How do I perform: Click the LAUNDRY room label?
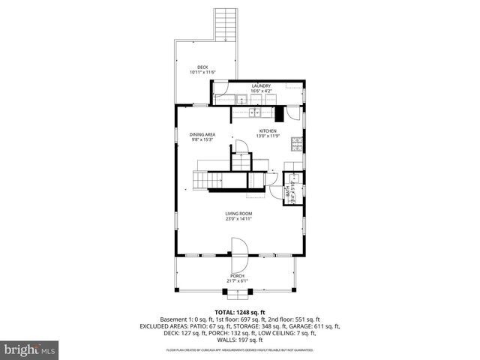[261, 86]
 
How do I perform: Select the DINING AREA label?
[202, 134]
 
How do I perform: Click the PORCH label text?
[237, 277]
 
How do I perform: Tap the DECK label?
[202, 67]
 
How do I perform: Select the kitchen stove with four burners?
[298, 144]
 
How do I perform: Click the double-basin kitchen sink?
[257, 113]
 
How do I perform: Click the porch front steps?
[237, 293]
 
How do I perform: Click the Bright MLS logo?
[29, 349]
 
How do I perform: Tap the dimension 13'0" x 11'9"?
[268, 136]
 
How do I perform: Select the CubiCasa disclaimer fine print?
[239, 349]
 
